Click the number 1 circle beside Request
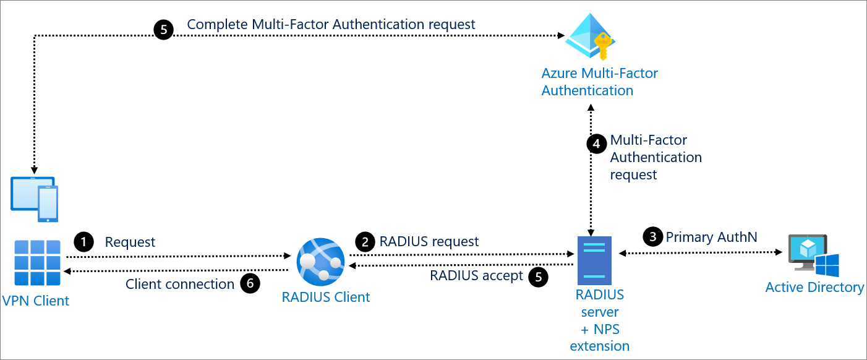pos(83,241)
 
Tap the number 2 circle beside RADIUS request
pos(365,241)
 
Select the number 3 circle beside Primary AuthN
pos(652,236)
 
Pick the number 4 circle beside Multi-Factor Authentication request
pos(596,144)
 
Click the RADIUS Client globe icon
pos(320,260)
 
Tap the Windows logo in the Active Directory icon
pos(827,265)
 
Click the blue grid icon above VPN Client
pos(37,263)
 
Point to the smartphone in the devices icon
pos(48,204)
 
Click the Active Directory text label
pos(814,288)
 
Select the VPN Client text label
pos(36,301)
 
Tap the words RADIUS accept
pos(477,276)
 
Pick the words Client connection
pos(180,285)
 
